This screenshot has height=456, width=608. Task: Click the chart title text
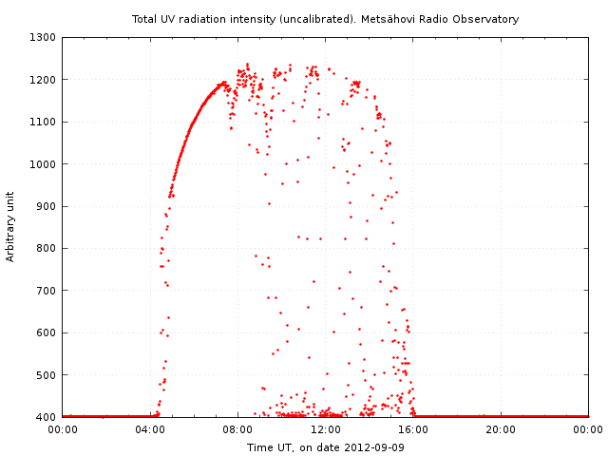click(325, 19)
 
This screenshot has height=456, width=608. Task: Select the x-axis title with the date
click(325, 447)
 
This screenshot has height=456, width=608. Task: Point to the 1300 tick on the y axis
click(44, 38)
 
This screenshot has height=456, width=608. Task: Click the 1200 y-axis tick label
click(44, 80)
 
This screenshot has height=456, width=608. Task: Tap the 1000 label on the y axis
click(44, 164)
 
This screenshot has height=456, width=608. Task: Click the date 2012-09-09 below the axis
click(373, 447)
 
